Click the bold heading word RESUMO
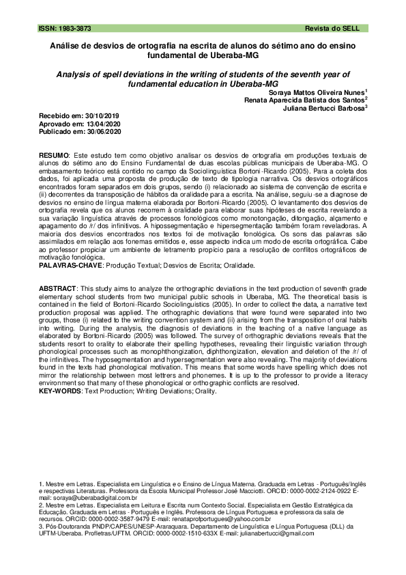53,156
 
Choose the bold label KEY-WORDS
59,391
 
